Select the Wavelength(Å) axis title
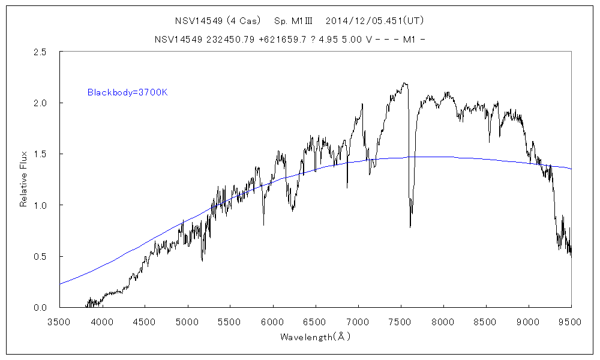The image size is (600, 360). coord(315,337)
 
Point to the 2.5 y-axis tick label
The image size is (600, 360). coord(41,52)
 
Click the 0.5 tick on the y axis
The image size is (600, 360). coord(41,257)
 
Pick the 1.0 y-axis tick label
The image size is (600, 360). coord(41,205)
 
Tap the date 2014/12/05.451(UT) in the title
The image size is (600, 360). coord(375,20)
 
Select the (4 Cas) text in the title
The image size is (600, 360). coord(244,20)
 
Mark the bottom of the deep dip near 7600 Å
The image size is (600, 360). coord(410,227)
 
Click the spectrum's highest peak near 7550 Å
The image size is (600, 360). coord(405,83)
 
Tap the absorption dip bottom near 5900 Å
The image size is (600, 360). coord(264,225)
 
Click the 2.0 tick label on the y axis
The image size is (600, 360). coord(41,103)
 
